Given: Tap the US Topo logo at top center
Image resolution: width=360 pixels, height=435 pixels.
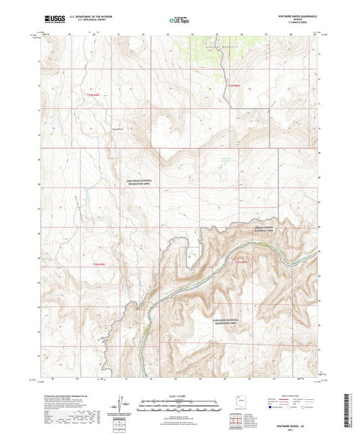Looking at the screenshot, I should [x=179, y=21].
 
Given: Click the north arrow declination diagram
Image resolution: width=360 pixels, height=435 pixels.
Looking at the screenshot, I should [x=122, y=405].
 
